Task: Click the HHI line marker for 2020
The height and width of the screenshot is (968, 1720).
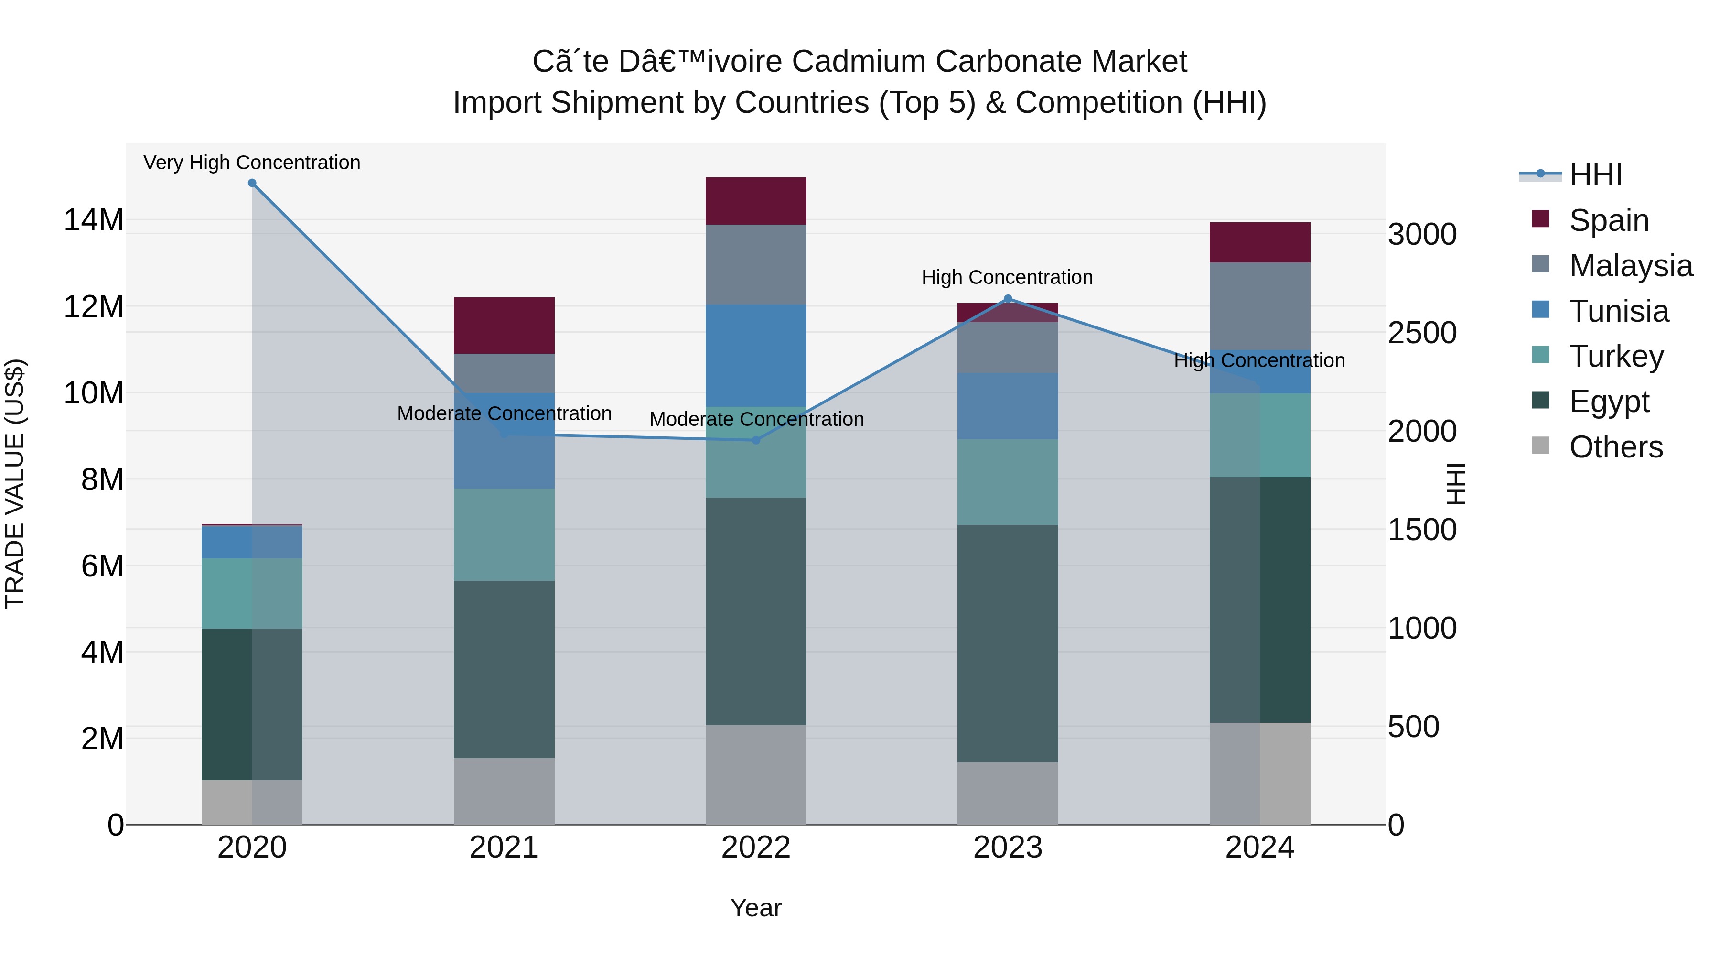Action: click(252, 183)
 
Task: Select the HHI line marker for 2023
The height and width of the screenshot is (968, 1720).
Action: click(1008, 299)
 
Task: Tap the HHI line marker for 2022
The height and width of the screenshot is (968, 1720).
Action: click(756, 440)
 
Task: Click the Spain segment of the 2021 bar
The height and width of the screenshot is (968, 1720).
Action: click(504, 326)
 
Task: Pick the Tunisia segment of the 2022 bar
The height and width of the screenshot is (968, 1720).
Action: click(756, 355)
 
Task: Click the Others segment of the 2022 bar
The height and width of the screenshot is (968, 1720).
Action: click(756, 774)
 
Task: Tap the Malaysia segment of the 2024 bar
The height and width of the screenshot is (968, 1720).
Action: click(1259, 306)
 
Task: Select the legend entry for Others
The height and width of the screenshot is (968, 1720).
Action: click(1615, 447)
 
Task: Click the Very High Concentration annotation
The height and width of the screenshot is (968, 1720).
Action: click(252, 163)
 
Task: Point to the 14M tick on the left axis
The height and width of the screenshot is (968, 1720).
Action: click(94, 220)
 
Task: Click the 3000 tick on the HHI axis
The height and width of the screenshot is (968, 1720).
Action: click(1421, 235)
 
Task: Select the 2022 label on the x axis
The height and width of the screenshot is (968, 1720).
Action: click(756, 848)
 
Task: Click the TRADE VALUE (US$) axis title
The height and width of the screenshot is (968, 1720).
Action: click(15, 484)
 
